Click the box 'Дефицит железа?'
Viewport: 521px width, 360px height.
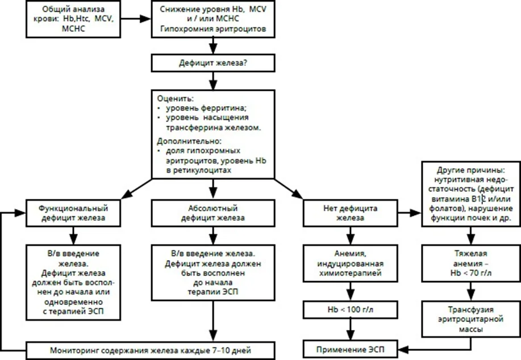click(x=213, y=63)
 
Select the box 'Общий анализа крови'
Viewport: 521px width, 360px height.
click(x=73, y=19)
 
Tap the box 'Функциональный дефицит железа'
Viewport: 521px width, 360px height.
click(x=73, y=213)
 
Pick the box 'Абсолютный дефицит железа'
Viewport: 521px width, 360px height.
click(x=213, y=213)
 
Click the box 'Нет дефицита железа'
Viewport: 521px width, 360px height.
click(x=350, y=213)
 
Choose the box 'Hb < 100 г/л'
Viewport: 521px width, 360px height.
click(x=350, y=309)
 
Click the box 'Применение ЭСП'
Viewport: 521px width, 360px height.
click(x=350, y=349)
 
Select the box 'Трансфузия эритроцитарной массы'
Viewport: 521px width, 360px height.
click(x=471, y=319)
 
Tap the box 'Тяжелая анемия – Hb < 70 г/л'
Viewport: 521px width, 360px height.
click(x=471, y=263)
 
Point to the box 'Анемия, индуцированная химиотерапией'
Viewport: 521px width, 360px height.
click(x=350, y=263)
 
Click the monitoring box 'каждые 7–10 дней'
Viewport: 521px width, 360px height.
click(x=150, y=350)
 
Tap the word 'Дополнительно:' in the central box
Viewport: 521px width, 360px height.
click(x=189, y=141)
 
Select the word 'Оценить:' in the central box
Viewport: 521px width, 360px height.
click(x=175, y=99)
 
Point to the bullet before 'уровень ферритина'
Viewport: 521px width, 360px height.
click(x=159, y=108)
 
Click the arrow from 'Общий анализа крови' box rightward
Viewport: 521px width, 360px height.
click(x=136, y=19)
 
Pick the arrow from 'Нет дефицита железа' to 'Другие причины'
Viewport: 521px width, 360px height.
click(x=410, y=213)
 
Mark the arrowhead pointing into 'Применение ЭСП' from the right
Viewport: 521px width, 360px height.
click(x=403, y=349)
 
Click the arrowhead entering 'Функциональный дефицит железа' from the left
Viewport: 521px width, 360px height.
click(x=20, y=213)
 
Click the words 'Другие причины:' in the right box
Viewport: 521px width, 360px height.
click(x=471, y=170)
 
